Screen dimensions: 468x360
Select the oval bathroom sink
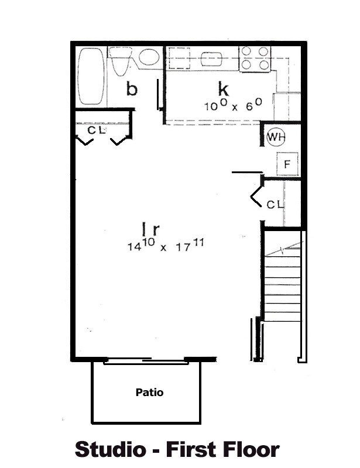pyautogui.click(x=149, y=57)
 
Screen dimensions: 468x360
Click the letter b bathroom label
pyautogui.click(x=132, y=90)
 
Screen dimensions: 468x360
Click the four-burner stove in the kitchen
pyautogui.click(x=255, y=58)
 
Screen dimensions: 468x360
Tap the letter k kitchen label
pyautogui.click(x=223, y=90)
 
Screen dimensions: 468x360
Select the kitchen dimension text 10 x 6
pyautogui.click(x=232, y=105)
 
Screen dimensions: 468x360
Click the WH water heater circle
pyautogui.click(x=275, y=138)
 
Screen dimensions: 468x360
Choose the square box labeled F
pyautogui.click(x=287, y=164)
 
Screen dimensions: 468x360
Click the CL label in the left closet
pyautogui.click(x=96, y=130)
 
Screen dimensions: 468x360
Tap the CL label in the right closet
pyautogui.click(x=275, y=205)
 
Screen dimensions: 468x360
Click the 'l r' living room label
pyautogui.click(x=150, y=228)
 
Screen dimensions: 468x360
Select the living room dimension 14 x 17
pyautogui.click(x=165, y=245)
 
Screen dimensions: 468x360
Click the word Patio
pyautogui.click(x=149, y=392)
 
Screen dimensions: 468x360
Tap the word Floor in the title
pyautogui.click(x=248, y=449)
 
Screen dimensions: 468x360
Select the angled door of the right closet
pyautogui.click(x=256, y=195)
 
